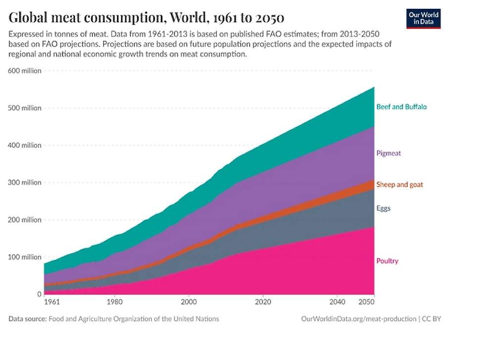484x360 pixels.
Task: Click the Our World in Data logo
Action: (x=423, y=18)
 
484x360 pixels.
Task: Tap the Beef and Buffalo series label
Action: (x=401, y=106)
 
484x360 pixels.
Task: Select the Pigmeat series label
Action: (x=388, y=153)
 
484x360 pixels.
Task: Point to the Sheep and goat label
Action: (x=399, y=185)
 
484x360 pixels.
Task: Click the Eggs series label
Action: (x=384, y=208)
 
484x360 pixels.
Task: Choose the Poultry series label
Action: (x=387, y=261)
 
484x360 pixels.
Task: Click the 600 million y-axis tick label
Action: (x=25, y=71)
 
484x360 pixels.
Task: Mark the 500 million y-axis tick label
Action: (x=25, y=108)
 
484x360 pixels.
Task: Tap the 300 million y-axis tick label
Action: (x=25, y=183)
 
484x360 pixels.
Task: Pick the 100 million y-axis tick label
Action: (x=25, y=257)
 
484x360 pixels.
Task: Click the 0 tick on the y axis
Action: (x=40, y=294)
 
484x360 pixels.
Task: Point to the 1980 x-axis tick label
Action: (x=115, y=302)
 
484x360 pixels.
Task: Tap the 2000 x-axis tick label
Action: (x=189, y=302)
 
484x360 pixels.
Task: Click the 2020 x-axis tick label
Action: (x=263, y=302)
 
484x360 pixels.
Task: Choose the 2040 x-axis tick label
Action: (x=337, y=302)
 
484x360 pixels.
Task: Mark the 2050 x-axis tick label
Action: (x=366, y=302)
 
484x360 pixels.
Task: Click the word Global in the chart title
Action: (x=31, y=18)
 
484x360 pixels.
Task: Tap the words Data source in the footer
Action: (x=27, y=319)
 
